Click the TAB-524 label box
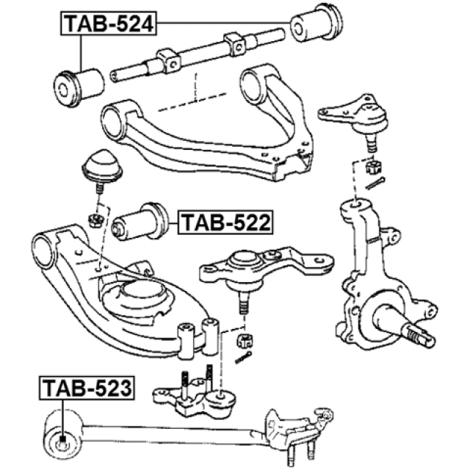click(107, 23)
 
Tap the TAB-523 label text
click(88, 387)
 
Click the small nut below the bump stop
click(94, 219)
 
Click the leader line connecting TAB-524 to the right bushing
click(220, 23)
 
